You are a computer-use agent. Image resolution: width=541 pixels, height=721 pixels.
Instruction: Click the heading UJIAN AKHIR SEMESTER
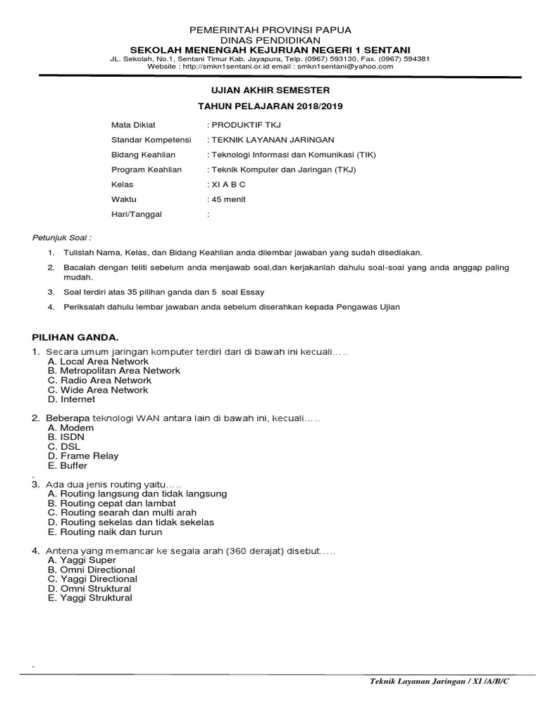pyautogui.click(x=270, y=91)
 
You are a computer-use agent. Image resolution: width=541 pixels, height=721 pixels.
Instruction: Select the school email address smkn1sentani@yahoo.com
pyautogui.click(x=345, y=66)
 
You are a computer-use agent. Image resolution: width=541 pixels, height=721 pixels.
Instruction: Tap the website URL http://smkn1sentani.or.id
pyautogui.click(x=225, y=66)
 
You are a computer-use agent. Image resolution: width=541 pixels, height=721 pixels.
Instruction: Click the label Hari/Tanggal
pyautogui.click(x=137, y=214)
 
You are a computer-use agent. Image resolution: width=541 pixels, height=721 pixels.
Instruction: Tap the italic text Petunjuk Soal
pyautogui.click(x=64, y=237)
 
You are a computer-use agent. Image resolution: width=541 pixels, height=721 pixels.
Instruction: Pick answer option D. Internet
pyautogui.click(x=71, y=399)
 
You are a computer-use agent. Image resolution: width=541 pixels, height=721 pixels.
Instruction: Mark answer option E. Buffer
pyautogui.click(x=68, y=465)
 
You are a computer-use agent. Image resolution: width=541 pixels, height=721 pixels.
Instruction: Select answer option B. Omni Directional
pyautogui.click(x=92, y=570)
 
